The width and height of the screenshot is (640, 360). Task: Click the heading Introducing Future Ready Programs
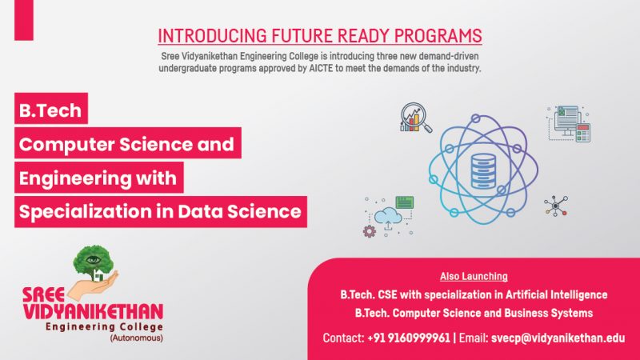320,36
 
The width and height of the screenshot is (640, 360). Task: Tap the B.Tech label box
51,108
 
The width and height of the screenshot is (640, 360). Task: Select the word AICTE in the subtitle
322,68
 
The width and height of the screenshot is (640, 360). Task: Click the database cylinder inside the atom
484,171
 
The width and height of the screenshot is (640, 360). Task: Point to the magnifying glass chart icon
415,118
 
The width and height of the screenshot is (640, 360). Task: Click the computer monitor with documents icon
569,124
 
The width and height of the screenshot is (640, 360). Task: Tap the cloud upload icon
388,217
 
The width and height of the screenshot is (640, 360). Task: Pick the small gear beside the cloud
370,231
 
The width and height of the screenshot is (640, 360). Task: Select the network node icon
556,206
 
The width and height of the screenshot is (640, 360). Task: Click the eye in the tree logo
94,259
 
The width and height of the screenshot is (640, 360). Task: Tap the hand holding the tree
93,286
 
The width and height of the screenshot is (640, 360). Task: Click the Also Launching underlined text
474,276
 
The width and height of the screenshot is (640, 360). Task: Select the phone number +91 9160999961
409,338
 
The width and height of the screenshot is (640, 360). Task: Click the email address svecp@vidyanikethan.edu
558,338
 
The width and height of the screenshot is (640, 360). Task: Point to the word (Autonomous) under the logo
136,338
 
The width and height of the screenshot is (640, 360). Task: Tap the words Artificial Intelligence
556,294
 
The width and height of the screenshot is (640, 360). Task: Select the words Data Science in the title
239,211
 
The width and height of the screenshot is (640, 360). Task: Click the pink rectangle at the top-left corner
24,20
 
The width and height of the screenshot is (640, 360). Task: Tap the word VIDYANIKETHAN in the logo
93,312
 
